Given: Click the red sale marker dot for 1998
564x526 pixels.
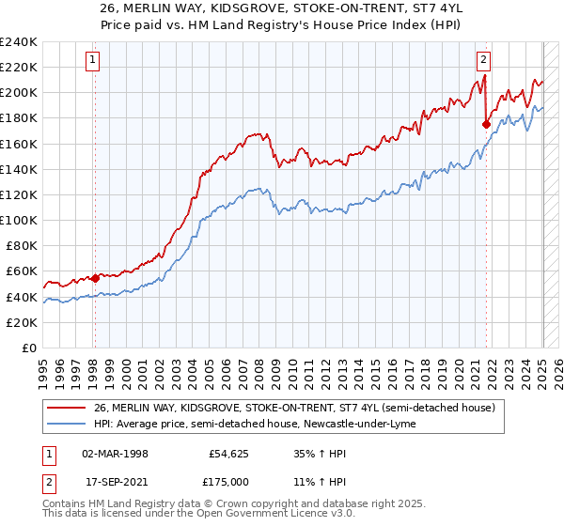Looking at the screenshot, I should (x=95, y=278).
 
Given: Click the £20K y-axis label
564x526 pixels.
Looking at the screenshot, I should (x=22, y=322).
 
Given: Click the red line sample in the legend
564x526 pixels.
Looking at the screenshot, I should (x=66, y=408).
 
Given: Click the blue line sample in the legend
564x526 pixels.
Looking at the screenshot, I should (x=66, y=425).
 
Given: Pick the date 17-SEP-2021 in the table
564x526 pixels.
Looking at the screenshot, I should (x=114, y=485).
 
